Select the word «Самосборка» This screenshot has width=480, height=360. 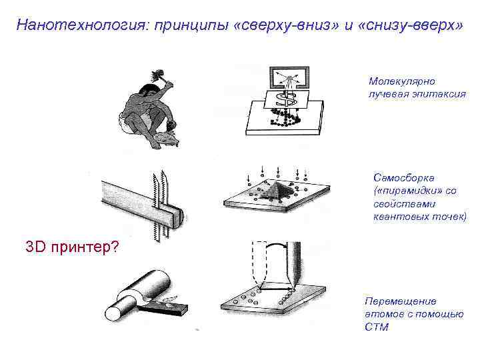point(404,178)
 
